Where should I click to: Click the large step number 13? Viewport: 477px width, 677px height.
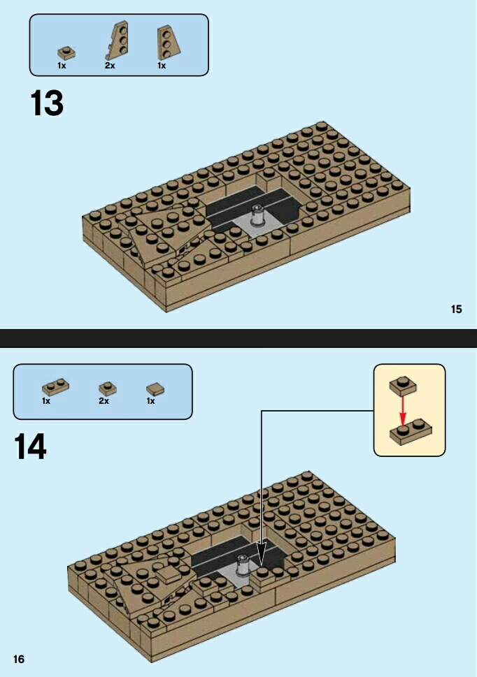47,103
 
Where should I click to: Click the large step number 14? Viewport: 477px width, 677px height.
30,446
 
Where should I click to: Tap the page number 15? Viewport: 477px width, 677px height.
456,309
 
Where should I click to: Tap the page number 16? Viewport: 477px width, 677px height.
19,659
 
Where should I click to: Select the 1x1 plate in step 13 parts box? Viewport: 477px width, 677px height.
67,53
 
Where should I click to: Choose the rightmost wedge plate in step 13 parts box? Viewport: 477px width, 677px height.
169,43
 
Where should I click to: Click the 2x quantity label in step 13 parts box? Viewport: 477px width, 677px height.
110,66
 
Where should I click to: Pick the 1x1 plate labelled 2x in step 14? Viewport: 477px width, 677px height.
108,388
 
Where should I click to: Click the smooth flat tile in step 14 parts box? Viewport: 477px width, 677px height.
155,389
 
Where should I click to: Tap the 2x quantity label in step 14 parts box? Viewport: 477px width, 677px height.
104,401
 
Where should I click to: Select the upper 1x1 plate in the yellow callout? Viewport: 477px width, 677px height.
403,386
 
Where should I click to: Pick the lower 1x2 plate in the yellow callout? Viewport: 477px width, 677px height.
411,431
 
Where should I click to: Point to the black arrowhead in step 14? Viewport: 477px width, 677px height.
261,554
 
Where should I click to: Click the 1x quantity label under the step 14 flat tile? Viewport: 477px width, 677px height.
150,401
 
